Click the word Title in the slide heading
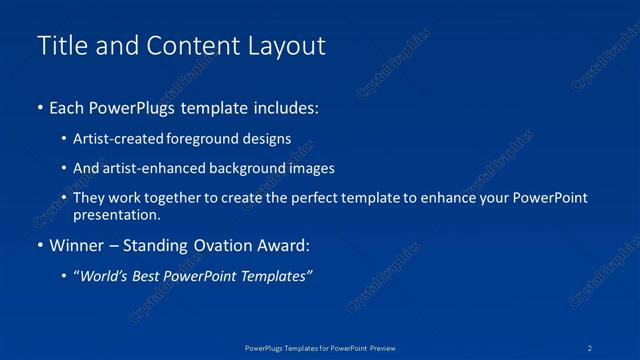(x=59, y=46)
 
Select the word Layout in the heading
(x=289, y=46)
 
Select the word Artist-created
(x=118, y=139)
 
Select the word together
(x=174, y=198)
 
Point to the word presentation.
(x=116, y=215)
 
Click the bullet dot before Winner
(x=39, y=245)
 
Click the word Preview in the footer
(x=388, y=348)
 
